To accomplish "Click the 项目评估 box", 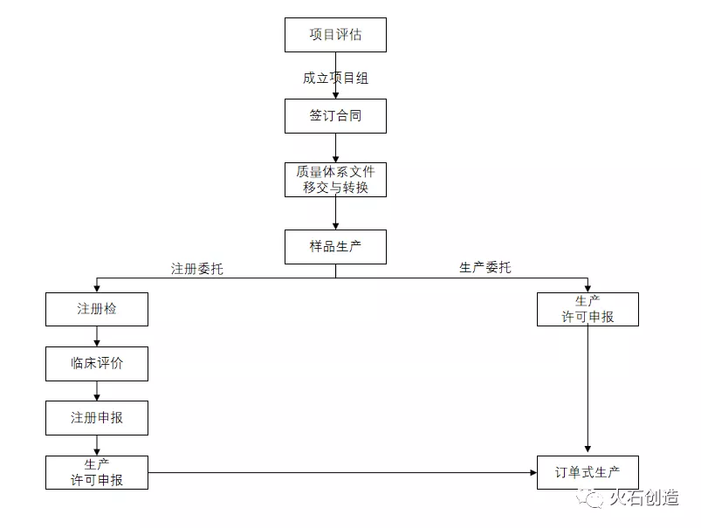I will click(335, 35).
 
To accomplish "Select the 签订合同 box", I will click(335, 116).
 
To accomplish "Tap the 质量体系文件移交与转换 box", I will click(335, 180).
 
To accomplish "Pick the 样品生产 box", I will click(335, 247).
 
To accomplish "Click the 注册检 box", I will click(96, 309).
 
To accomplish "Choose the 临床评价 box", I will click(96, 364).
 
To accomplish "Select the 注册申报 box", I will click(96, 418).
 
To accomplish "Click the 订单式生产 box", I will click(588, 472).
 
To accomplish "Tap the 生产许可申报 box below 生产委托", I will click(588, 309).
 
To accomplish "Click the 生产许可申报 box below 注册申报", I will click(96, 472).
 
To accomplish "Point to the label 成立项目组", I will click(335, 78).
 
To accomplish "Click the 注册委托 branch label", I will click(197, 268).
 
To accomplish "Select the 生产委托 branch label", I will click(485, 267).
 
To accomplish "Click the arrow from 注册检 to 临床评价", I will click(96, 337).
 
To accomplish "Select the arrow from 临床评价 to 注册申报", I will click(96, 391).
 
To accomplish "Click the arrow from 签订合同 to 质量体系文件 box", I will click(335, 148).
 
